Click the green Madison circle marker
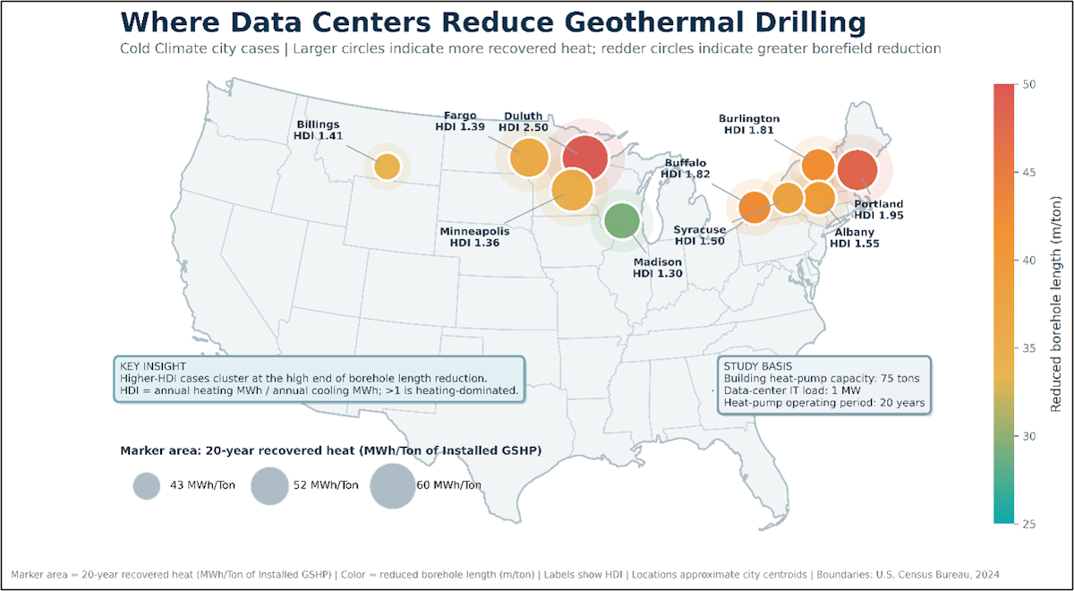tap(622, 220)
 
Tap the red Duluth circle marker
tap(585, 158)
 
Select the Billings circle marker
tap(387, 167)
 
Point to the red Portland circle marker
tap(857, 170)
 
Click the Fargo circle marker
tap(529, 158)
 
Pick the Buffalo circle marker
tap(754, 207)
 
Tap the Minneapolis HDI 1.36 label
tap(474, 237)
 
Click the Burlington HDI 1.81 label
tap(749, 124)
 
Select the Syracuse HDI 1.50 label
tap(700, 235)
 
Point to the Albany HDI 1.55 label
tap(855, 238)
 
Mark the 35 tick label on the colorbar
tap(1029, 348)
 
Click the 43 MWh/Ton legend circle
tap(146, 486)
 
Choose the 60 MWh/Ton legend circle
tap(393, 486)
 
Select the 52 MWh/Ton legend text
tap(326, 485)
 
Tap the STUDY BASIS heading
tap(758, 366)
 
